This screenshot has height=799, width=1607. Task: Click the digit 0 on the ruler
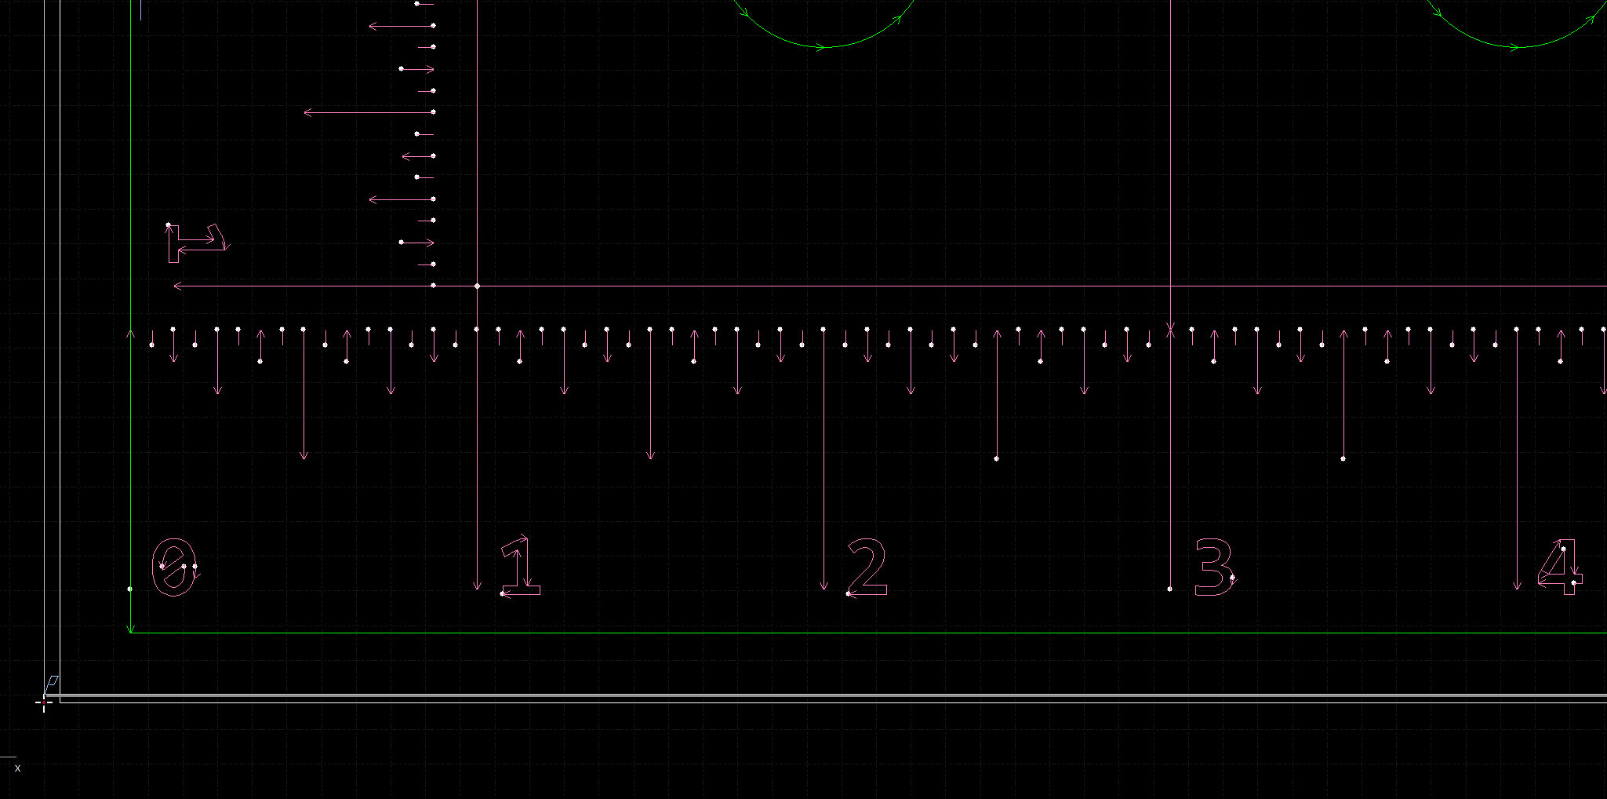point(173,567)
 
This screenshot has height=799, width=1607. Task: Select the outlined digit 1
point(521,567)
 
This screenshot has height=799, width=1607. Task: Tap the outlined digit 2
point(867,567)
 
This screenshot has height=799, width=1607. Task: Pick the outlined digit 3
point(1213,567)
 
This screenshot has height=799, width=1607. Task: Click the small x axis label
point(17,768)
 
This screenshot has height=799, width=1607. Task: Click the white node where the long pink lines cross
point(478,286)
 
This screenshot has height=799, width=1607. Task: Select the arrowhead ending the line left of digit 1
point(477,587)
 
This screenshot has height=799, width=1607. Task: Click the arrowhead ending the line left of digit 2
point(823,587)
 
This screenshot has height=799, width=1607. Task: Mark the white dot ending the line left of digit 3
point(1170,589)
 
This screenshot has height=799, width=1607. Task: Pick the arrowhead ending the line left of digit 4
point(1517,587)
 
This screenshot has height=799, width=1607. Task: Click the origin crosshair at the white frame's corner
point(44,703)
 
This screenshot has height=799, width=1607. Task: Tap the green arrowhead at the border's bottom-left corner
point(131,629)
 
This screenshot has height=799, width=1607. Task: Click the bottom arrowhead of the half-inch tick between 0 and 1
point(304,456)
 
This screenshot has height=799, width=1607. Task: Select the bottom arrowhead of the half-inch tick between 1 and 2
point(650,456)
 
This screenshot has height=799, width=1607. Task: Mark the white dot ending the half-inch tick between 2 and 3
point(997,458)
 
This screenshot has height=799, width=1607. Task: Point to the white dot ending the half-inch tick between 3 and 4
point(1343,458)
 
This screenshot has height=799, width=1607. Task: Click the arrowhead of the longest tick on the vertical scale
point(307,113)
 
